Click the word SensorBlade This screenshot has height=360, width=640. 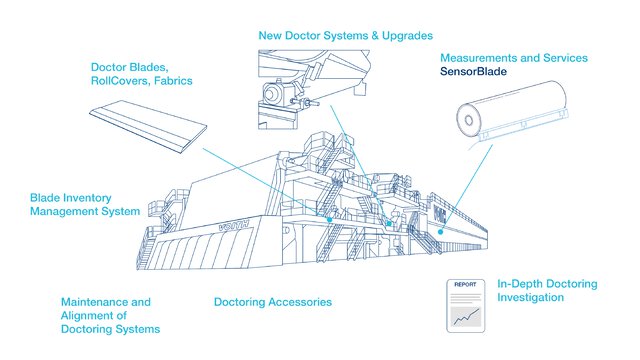[474, 72]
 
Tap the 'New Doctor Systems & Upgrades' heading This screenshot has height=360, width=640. [345, 35]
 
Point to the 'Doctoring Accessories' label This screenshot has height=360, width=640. [273, 301]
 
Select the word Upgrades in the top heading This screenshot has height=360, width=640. [405, 35]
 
